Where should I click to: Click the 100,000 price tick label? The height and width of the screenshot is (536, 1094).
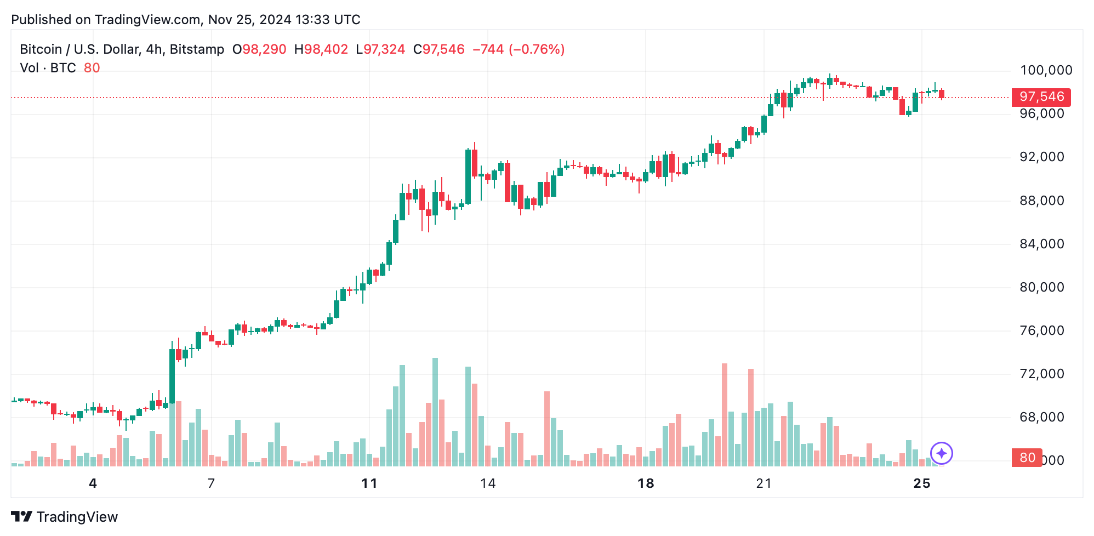tap(1046, 70)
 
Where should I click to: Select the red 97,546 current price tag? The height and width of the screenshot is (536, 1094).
tap(1041, 97)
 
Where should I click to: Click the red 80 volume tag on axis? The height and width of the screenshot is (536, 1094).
tap(1027, 458)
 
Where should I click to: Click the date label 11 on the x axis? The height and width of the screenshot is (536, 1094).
tap(369, 483)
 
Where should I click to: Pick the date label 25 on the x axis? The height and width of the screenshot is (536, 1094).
tap(922, 483)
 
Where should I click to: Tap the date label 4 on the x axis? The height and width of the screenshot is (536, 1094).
tap(93, 483)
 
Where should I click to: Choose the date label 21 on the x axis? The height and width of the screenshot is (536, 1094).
tap(763, 483)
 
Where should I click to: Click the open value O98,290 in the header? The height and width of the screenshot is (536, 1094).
tap(259, 49)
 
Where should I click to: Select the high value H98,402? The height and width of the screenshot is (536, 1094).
tap(321, 49)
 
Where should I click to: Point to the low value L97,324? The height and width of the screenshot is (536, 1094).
tap(380, 49)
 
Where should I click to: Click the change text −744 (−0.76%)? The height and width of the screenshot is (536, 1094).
tap(518, 49)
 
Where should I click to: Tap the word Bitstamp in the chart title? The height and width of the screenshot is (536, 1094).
tap(197, 49)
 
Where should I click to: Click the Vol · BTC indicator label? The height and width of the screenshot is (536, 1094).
tap(48, 68)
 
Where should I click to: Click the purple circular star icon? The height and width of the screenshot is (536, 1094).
tap(942, 453)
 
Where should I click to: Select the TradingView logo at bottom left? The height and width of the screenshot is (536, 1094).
tap(65, 517)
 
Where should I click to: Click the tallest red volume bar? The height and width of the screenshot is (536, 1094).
tap(725, 414)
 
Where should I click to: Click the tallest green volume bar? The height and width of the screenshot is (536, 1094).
tap(435, 412)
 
